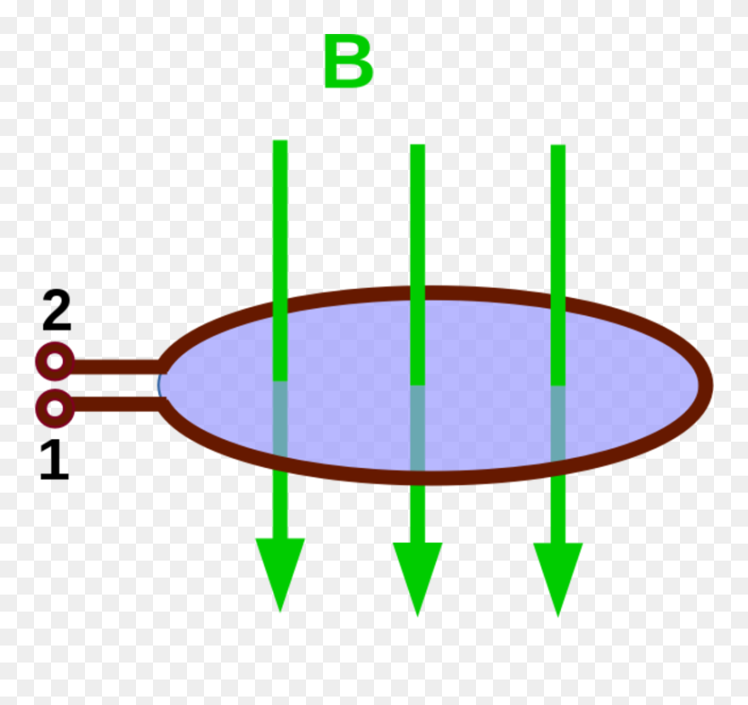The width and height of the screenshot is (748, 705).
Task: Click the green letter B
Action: [x=348, y=64]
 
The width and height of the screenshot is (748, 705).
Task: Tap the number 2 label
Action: [x=56, y=312]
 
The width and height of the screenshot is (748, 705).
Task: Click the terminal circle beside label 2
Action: [x=54, y=365]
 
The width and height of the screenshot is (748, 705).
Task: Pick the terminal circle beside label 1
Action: [x=54, y=409]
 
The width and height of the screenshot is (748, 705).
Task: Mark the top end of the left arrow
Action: [x=280, y=144]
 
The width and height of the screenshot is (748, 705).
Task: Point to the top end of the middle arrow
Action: [x=417, y=148]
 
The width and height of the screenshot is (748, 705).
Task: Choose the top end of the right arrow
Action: [x=558, y=148]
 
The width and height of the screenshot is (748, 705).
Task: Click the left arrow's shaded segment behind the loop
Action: [x=280, y=418]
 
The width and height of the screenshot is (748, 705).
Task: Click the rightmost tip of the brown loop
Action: [x=705, y=384]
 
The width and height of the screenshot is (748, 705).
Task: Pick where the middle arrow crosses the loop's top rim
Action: [x=417, y=293]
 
